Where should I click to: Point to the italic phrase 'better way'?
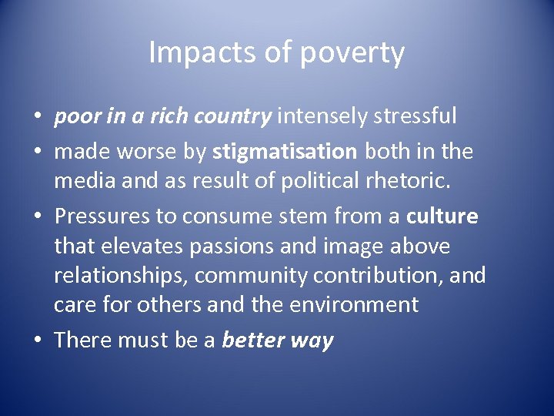[278, 340]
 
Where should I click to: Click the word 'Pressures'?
[102, 216]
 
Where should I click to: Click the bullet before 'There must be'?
[38, 340]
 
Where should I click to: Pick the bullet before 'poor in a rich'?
[38, 117]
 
